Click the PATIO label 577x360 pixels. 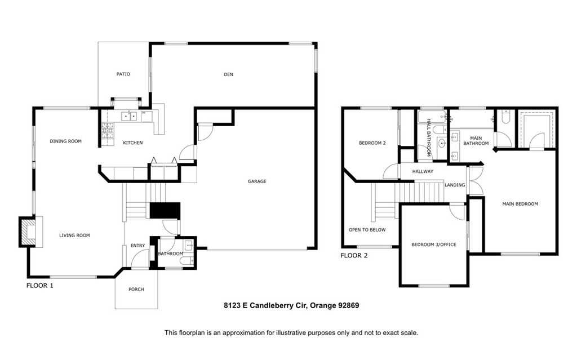(x=123, y=74)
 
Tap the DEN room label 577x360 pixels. (x=228, y=74)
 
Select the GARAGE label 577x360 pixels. (x=257, y=181)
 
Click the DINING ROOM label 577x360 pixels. (x=65, y=141)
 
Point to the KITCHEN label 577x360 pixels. (x=133, y=143)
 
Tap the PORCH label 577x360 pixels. (x=136, y=289)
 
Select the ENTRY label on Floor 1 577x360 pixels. (x=137, y=245)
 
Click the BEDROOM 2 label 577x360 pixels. (x=372, y=143)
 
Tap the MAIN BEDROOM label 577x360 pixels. (x=520, y=204)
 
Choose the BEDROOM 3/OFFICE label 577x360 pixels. (x=433, y=245)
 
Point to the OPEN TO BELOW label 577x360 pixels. (x=367, y=230)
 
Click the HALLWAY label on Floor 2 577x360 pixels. (x=423, y=171)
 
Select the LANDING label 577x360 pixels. (x=455, y=185)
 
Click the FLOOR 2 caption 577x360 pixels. (x=354, y=255)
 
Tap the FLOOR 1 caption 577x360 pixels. (x=40, y=286)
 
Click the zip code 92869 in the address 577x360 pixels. (x=348, y=306)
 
